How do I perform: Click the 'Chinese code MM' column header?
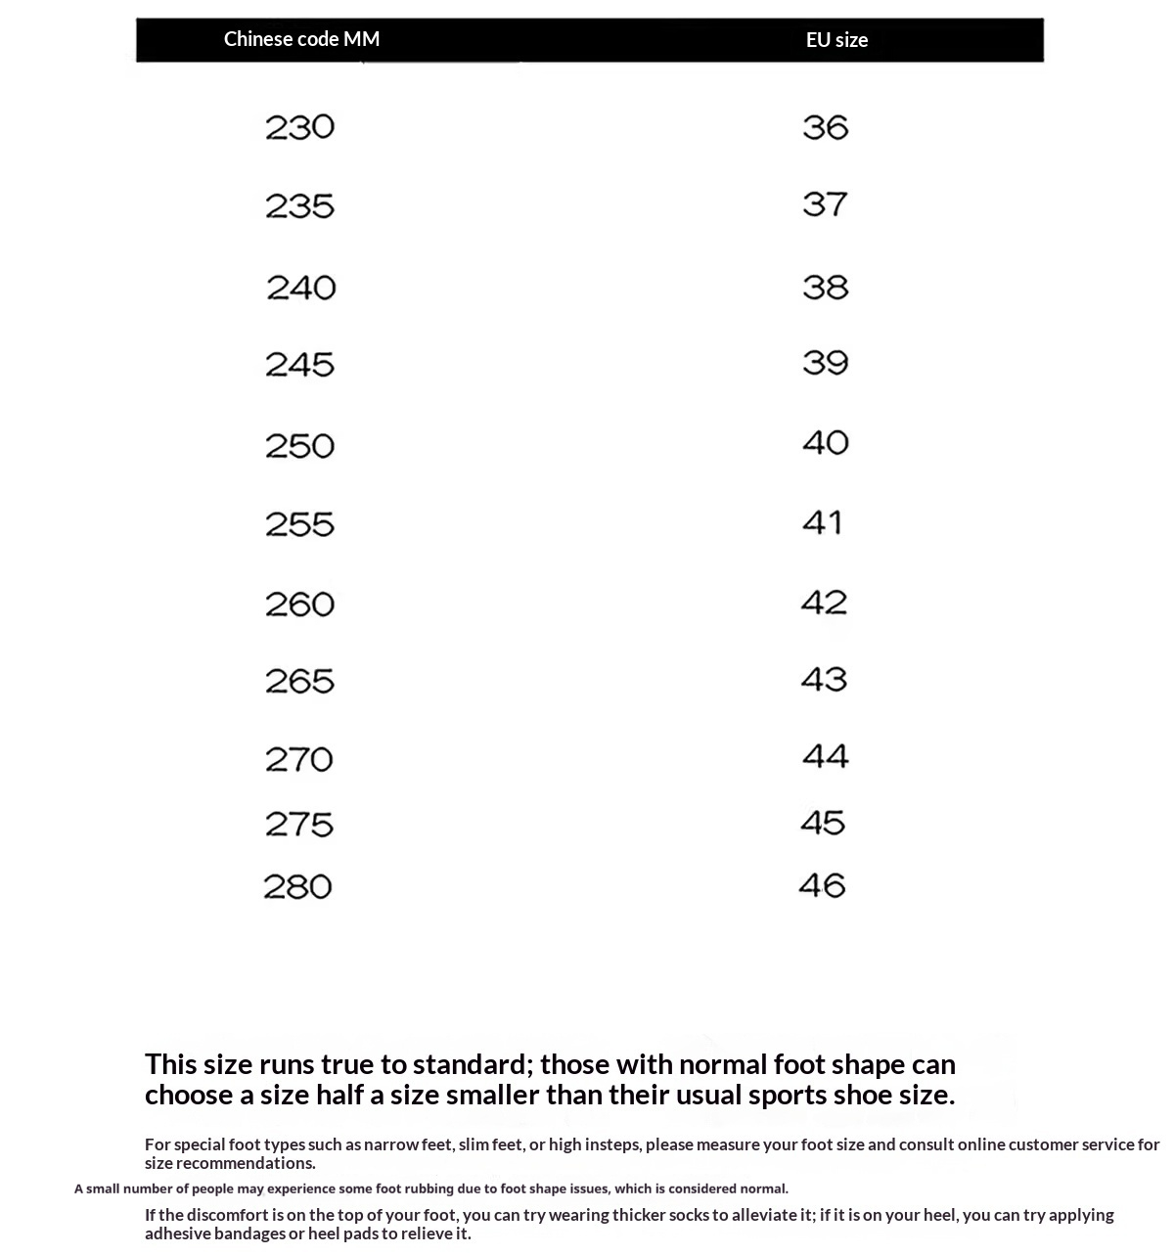pos(301,39)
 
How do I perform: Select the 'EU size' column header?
pos(836,40)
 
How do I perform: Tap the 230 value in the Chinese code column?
pos(299,127)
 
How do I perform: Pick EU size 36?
pos(825,127)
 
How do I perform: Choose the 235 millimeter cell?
pos(299,206)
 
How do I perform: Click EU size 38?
pos(825,288)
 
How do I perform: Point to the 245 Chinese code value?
pos(299,365)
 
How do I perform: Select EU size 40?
pos(825,443)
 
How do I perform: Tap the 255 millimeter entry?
pos(299,524)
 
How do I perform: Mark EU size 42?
pos(824,603)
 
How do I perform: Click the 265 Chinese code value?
pos(299,682)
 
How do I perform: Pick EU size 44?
pos(825,756)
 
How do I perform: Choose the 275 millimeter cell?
pos(299,825)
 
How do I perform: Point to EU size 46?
pos(822,886)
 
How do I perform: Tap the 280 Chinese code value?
pos(297,887)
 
